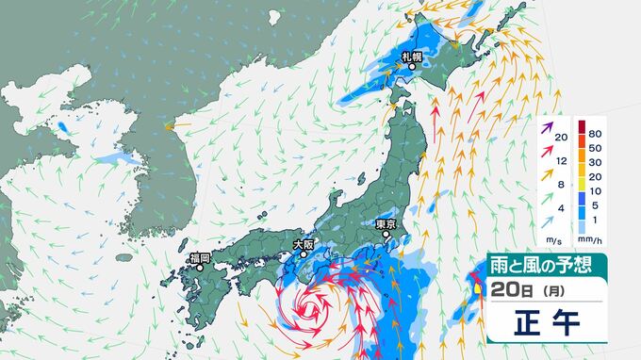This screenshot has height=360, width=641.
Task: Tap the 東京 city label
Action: pyautogui.click(x=385, y=225)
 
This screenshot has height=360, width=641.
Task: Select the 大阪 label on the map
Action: pyautogui.click(x=303, y=244)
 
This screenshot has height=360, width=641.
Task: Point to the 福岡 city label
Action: pyautogui.click(x=198, y=257)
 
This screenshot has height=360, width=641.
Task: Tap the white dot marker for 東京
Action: pyautogui.click(x=385, y=236)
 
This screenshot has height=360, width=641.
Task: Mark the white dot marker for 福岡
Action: pyautogui.click(x=199, y=268)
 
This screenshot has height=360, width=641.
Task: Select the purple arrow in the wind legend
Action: pyautogui.click(x=548, y=124)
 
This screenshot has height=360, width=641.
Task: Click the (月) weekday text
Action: pyautogui.click(x=544, y=289)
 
